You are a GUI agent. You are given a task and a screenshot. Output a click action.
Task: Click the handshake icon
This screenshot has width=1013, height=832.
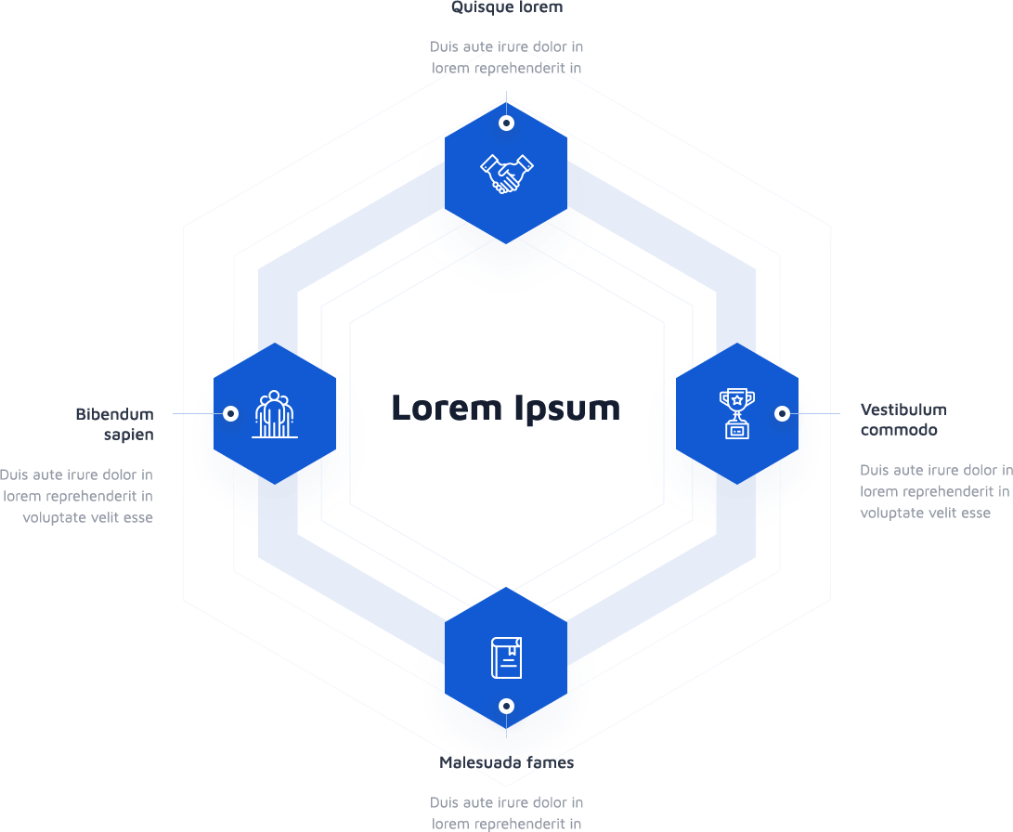click(x=506, y=174)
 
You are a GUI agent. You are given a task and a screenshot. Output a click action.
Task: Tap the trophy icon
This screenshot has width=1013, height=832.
click(x=736, y=413)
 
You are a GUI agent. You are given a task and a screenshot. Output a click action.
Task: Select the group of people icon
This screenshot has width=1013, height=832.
click(x=275, y=414)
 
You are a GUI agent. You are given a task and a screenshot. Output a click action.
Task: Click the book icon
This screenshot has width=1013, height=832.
click(x=506, y=657)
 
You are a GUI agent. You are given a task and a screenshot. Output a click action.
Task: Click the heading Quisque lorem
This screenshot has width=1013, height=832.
click(x=506, y=7)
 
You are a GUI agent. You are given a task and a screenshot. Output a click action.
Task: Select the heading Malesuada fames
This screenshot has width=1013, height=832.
click(x=506, y=762)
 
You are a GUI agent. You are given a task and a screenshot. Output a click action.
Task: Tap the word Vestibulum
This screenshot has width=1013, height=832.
click(x=903, y=409)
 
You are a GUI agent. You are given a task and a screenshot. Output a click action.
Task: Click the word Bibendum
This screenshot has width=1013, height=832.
click(x=114, y=414)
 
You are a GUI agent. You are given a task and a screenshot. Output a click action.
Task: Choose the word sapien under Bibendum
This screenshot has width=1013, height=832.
click(x=128, y=435)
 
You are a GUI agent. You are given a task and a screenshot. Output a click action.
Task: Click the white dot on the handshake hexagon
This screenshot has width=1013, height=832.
click(x=506, y=123)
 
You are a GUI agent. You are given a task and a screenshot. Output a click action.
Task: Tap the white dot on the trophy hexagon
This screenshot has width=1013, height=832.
click(x=782, y=413)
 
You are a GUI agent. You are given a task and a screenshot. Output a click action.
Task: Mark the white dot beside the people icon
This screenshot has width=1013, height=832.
click(x=231, y=413)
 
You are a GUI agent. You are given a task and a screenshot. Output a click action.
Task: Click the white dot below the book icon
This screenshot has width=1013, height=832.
click(x=506, y=706)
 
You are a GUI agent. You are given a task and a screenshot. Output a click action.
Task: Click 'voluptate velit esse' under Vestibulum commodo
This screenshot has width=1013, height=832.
click(x=925, y=513)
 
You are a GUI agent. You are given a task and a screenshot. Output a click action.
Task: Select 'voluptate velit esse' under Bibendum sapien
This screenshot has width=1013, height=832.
click(x=87, y=517)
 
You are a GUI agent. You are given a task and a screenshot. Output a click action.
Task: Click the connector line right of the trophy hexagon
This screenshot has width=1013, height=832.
click(x=817, y=413)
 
